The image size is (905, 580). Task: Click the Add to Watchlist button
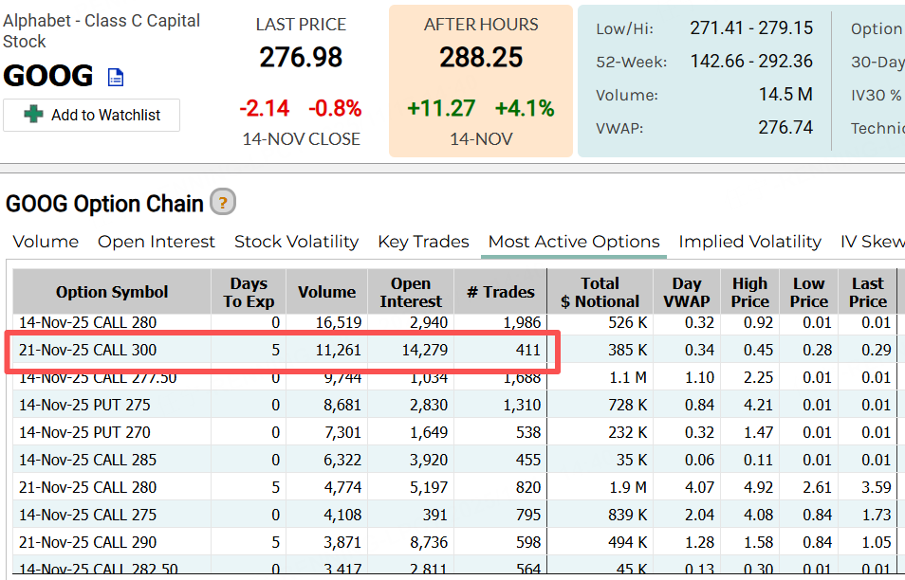coord(91,115)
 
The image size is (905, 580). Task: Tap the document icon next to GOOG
coord(115,77)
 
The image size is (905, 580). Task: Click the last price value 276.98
coord(301,58)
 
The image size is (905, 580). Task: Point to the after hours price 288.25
coord(481,58)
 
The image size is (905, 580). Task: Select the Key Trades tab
coord(423,242)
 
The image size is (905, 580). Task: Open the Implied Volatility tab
coord(749,242)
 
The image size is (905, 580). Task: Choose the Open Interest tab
coord(157,242)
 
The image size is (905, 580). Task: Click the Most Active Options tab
coord(574,242)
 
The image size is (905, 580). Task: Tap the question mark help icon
coord(222,202)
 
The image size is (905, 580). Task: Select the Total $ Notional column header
coord(600,292)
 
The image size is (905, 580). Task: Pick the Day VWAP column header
coord(687,292)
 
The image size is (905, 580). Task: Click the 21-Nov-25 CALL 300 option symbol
coord(88,351)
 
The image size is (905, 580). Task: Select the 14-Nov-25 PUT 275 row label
coord(84,405)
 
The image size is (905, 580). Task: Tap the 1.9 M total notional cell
coord(627,487)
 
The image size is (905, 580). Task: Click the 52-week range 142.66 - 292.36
coord(751,62)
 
